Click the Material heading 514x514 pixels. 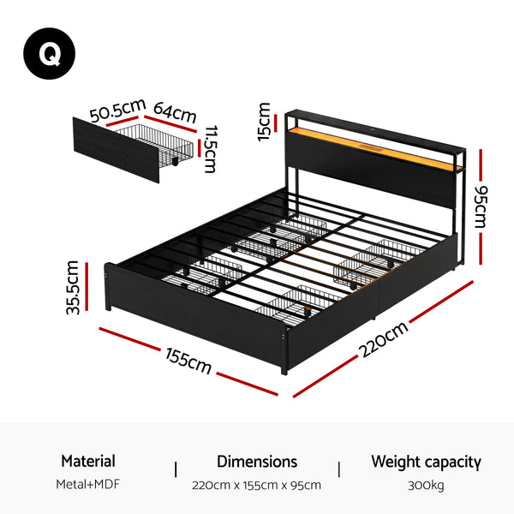pos(88,462)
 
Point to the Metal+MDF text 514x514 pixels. pos(88,485)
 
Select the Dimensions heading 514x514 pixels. pos(257,462)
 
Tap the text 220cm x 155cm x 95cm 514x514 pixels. pos(257,485)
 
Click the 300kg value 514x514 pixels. pos(426,485)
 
